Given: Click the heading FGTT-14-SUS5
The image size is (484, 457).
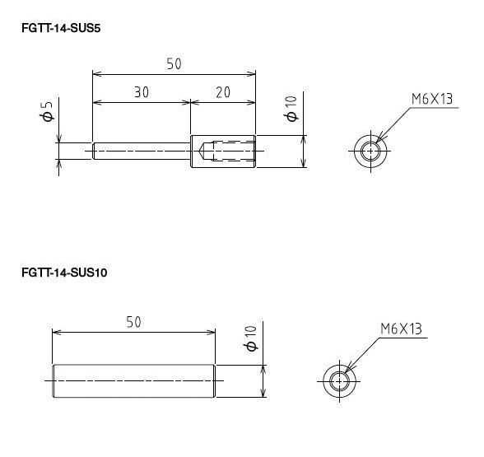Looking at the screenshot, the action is tap(61, 28).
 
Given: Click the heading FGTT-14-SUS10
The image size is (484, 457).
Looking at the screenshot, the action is tap(64, 273).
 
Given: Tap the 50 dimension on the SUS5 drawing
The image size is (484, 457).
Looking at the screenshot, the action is tap(175, 64).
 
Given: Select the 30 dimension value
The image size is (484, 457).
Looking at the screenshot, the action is tap(142, 92).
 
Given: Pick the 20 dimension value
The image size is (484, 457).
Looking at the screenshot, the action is tap(223, 92).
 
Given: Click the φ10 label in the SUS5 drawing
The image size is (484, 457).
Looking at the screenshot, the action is tap(291, 109).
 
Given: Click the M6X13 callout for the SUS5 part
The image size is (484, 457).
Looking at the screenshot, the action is tap(432, 99).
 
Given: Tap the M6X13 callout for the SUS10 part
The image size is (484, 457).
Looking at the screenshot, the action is tap(401, 329).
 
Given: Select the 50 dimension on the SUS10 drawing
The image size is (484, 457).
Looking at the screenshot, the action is tap(134, 322).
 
